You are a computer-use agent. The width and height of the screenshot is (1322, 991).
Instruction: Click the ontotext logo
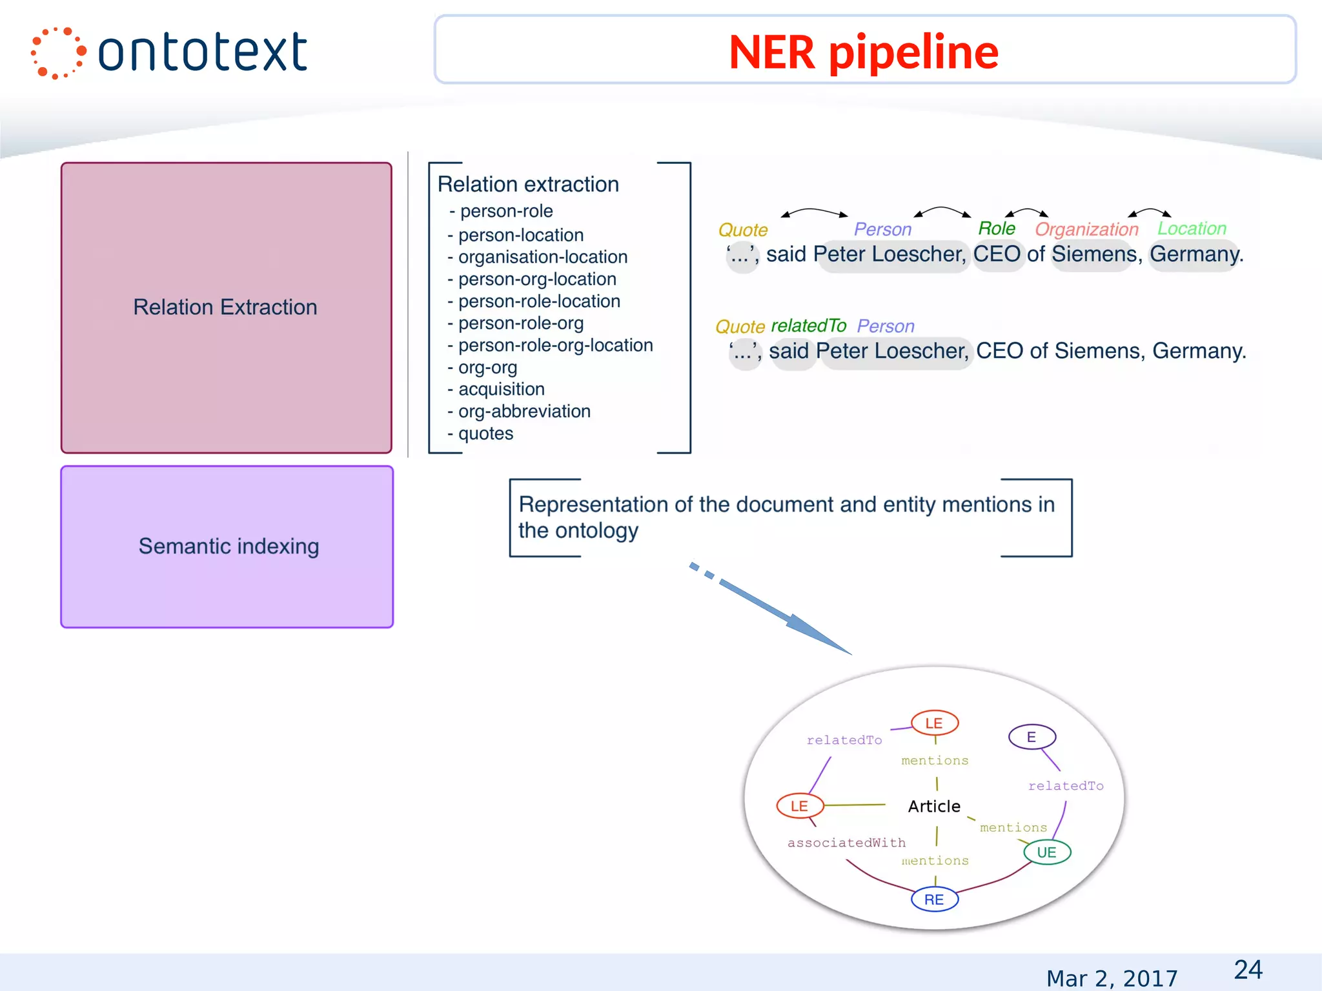pos(170,53)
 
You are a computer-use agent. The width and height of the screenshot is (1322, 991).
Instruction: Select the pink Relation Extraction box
pos(226,307)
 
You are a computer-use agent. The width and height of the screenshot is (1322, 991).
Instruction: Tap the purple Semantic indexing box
pos(227,546)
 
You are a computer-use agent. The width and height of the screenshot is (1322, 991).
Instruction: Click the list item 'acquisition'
pos(501,389)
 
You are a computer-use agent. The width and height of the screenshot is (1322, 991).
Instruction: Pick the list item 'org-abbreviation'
pos(524,411)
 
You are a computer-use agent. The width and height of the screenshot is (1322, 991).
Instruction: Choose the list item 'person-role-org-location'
pos(555,345)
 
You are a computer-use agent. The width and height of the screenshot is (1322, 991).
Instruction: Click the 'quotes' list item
pos(485,434)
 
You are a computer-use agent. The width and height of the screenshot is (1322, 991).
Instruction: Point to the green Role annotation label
pos(996,228)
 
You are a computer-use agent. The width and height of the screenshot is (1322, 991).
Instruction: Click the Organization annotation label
pos(1086,229)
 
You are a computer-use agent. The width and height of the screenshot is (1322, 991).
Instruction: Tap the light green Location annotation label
pos(1192,228)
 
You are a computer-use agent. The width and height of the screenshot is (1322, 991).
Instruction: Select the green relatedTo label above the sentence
pos(808,326)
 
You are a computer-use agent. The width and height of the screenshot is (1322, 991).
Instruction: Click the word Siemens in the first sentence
pos(1093,254)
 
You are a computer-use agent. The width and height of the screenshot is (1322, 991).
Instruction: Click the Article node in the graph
pos(934,806)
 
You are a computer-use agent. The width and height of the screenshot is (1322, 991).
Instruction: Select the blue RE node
pos(934,899)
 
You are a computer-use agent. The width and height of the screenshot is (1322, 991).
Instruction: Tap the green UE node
pos(1046,852)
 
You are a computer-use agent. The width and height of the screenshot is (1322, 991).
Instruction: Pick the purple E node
pos(1032,737)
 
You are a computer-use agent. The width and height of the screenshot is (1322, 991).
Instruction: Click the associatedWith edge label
pos(846,843)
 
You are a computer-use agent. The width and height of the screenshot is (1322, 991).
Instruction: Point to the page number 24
pos(1248,970)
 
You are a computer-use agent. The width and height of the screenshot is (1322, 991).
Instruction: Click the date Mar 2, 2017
pos(1112,978)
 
